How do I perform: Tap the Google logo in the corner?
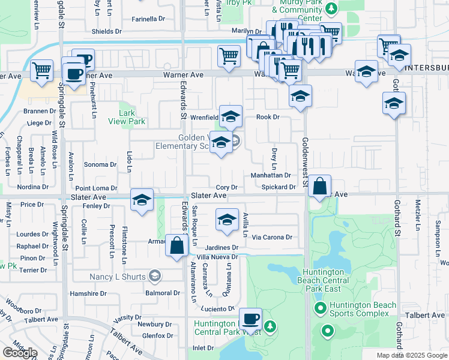tap(20, 353)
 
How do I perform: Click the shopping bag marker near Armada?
tap(177, 246)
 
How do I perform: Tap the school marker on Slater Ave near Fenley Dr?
tap(142, 200)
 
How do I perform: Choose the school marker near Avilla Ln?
tap(227, 220)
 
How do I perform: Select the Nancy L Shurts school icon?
tap(155, 276)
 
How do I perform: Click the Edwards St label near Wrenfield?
tap(178, 102)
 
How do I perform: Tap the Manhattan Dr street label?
tap(270, 175)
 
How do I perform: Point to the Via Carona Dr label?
tap(272, 237)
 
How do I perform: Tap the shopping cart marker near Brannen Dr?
tap(42, 71)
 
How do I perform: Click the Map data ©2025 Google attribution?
tap(411, 355)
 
